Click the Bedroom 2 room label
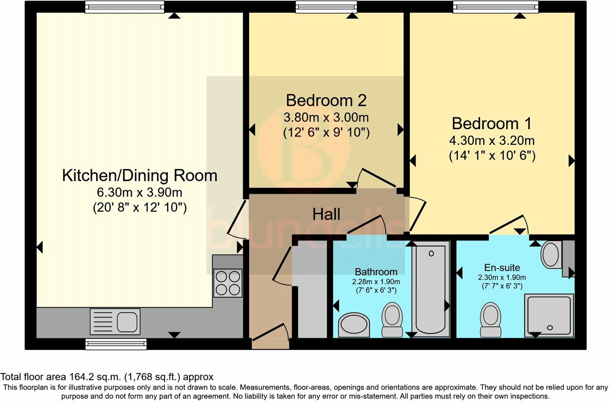click(x=326, y=100)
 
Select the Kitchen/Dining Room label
click(x=139, y=176)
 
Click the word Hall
click(x=326, y=214)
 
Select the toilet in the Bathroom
click(x=392, y=319)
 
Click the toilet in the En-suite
click(x=491, y=319)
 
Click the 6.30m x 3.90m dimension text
click(x=139, y=192)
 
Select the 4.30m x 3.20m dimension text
click(x=492, y=140)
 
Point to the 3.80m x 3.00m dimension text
click(x=326, y=117)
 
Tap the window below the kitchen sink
click(x=116, y=344)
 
